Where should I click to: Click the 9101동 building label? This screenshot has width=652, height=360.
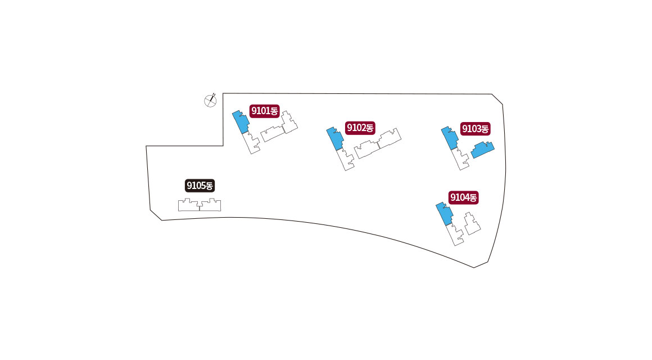point(265,111)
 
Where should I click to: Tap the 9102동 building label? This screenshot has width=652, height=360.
point(360,128)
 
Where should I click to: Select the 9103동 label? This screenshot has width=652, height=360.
point(475,129)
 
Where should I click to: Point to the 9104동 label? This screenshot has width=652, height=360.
point(463,197)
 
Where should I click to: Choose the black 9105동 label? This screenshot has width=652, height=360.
point(200,185)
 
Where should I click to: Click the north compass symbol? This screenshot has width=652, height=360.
point(210,100)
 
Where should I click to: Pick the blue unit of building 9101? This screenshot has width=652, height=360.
point(241,121)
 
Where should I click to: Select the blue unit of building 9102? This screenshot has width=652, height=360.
point(335,138)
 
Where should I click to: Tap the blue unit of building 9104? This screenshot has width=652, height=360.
point(445,213)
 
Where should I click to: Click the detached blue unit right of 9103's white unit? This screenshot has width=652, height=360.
point(483,150)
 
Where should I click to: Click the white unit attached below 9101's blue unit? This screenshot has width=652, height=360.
point(252,142)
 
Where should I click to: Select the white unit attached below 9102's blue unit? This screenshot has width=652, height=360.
point(346,159)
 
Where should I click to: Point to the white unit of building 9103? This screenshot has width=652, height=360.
point(461,159)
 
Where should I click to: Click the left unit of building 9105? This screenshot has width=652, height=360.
point(189,205)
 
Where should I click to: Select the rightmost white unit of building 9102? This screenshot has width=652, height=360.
point(389,139)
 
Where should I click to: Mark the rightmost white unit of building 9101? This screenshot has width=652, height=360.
point(289,123)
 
